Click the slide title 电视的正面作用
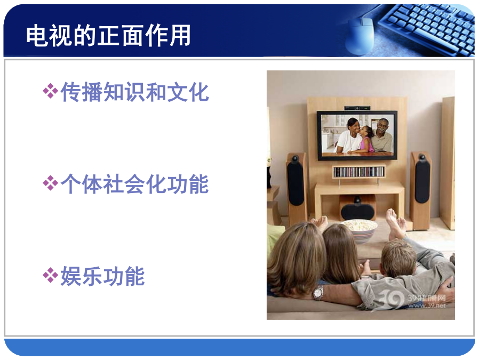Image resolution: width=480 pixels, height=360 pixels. (x=108, y=36)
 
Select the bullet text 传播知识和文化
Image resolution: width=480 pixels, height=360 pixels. (x=135, y=92)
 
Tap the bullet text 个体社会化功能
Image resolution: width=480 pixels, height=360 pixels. (x=135, y=184)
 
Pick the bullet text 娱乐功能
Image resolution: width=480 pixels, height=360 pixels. (x=102, y=276)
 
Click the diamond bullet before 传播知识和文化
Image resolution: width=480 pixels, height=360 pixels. (x=50, y=91)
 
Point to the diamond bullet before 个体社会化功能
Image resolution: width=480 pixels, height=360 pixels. (x=50, y=183)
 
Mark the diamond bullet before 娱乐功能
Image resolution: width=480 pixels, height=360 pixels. (x=50, y=275)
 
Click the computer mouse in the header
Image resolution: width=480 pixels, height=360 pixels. (x=360, y=36)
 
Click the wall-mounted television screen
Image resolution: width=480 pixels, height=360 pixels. (x=357, y=135)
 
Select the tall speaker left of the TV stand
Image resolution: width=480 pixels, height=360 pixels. (x=296, y=187)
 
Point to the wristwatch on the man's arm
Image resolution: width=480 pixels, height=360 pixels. (x=318, y=293)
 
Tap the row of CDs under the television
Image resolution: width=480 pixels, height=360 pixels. (x=359, y=171)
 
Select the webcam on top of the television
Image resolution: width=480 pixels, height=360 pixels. (x=357, y=108)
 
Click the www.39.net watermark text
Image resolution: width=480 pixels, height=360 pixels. (x=427, y=305)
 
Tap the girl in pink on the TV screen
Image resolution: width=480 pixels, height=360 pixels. (x=365, y=139)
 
